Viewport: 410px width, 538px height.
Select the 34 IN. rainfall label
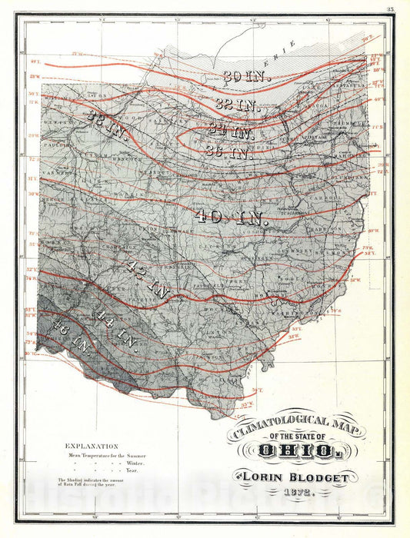(x=230, y=131)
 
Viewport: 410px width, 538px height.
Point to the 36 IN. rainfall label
(x=228, y=152)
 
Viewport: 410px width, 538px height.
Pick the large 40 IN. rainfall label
(x=231, y=217)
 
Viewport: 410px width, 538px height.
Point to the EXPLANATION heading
(x=92, y=446)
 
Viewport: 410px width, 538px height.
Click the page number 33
(x=391, y=9)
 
